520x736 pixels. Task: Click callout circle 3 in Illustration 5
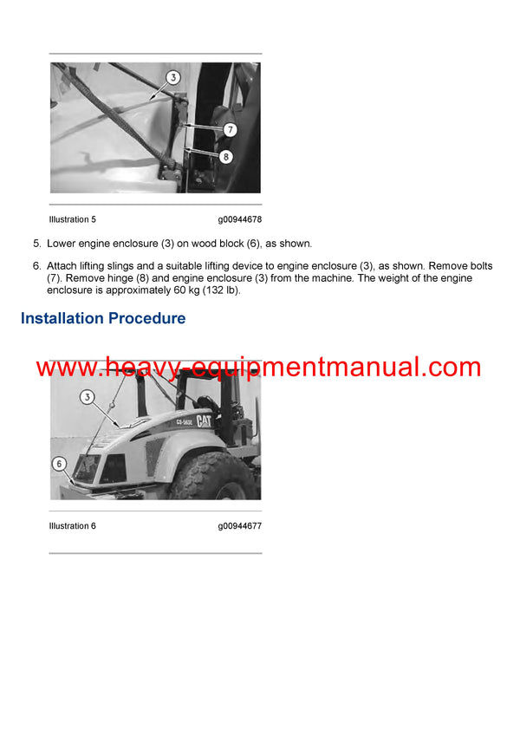tap(173, 77)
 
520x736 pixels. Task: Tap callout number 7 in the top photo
tap(230, 130)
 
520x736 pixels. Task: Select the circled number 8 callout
tap(225, 158)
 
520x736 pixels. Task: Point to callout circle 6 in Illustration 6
tap(59, 463)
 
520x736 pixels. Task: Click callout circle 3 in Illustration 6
tap(87, 397)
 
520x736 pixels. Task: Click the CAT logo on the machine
tap(205, 420)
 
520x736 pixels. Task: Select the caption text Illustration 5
tap(73, 220)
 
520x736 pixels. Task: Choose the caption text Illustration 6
tap(73, 526)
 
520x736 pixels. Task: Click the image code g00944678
tap(239, 220)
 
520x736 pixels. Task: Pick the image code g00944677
tap(239, 526)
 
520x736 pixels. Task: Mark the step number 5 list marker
tap(36, 244)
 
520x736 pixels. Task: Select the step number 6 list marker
tap(36, 265)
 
